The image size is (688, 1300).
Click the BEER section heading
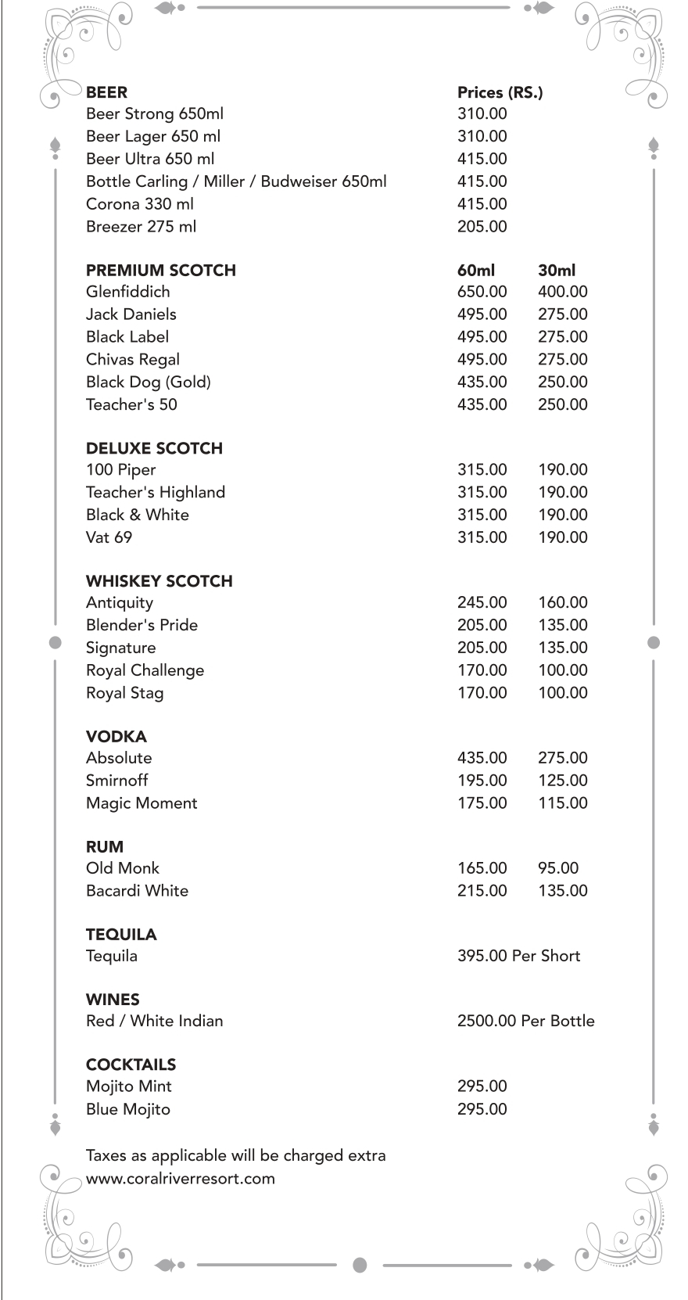coord(106,92)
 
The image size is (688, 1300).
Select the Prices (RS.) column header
coord(500,92)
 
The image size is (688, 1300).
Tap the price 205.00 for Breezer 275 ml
coord(482,227)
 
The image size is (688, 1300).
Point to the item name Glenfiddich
coord(127,292)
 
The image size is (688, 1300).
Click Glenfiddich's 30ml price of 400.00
coord(562,292)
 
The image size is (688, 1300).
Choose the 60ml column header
coord(475,271)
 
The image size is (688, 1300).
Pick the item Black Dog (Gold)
coord(148,382)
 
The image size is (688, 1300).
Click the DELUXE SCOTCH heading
coord(154,449)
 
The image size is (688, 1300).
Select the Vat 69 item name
coord(109,537)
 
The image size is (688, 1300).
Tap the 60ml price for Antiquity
coord(482,603)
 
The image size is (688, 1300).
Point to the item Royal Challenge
coord(145,670)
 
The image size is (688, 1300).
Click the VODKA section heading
coord(116,737)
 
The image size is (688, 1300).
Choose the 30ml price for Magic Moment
coord(562,803)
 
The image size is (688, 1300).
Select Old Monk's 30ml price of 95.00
coord(557,868)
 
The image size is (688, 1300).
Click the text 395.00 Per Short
coord(518,956)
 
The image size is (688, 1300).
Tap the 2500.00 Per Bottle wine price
coord(525,1021)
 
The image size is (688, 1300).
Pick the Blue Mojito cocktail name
coord(127,1109)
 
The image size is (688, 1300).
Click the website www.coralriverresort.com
coord(180,1179)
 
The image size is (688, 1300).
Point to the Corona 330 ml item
coord(139,204)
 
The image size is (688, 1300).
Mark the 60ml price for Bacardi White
coord(482,891)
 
